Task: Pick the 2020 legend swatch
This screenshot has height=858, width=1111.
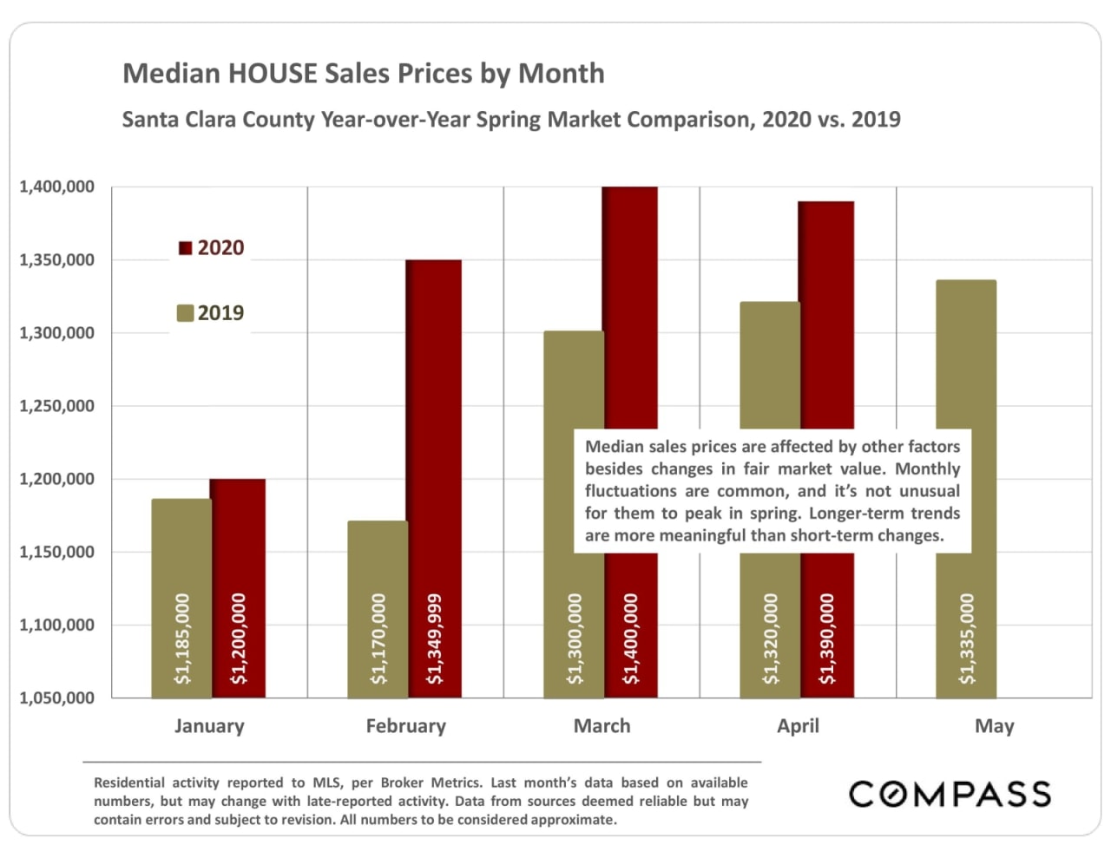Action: (x=185, y=248)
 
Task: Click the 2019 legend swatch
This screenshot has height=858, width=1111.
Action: (x=185, y=313)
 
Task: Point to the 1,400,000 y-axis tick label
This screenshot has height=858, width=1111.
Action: (x=57, y=187)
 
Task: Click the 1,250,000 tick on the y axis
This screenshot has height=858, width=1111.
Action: (x=57, y=406)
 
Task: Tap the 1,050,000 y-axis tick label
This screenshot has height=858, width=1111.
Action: (x=57, y=698)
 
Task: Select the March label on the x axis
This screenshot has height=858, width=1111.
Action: (x=602, y=726)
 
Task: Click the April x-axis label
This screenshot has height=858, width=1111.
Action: (x=798, y=726)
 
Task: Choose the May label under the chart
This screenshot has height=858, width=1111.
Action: (x=994, y=726)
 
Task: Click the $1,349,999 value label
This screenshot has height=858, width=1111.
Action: (x=435, y=639)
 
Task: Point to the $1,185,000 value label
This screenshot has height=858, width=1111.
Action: (x=182, y=639)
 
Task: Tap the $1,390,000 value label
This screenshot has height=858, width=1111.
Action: (x=827, y=639)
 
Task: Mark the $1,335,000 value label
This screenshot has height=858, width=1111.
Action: (x=967, y=639)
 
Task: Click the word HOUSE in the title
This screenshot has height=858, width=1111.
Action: (x=273, y=73)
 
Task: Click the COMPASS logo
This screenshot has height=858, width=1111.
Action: (x=950, y=794)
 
